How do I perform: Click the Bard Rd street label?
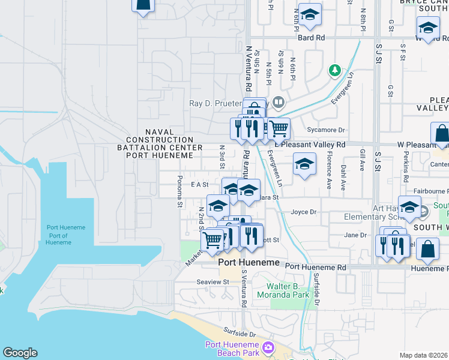[311, 37]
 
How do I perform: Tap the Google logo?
[20, 353]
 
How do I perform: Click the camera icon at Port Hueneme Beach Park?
[268, 347]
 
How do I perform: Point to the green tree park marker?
[335, 71]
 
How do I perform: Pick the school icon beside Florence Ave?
[304, 164]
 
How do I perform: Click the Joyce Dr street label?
[303, 212]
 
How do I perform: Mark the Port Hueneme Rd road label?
[316, 266]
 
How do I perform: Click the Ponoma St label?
[179, 191]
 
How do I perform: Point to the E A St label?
[199, 185]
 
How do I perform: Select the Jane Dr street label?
[355, 235]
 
